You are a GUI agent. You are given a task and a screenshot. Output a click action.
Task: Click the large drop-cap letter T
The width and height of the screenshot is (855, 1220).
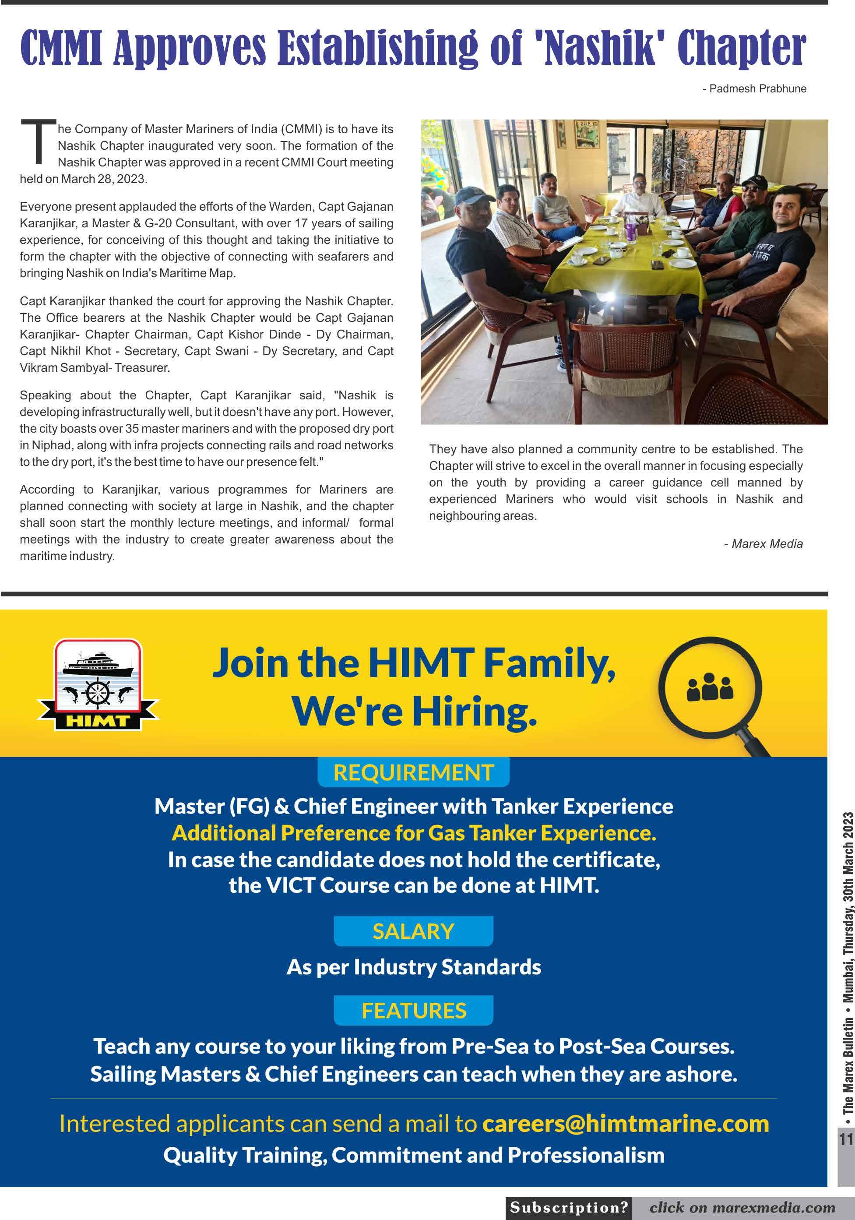[x=38, y=141]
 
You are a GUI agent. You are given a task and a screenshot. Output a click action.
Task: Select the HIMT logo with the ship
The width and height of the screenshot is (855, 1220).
[x=98, y=684]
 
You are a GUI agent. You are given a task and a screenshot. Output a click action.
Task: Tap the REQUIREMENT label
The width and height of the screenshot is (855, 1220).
[x=413, y=772]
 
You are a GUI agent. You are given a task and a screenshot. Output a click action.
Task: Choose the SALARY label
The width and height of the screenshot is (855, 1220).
[x=413, y=931]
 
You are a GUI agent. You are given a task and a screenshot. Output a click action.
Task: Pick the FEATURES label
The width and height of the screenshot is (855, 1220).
[x=413, y=1011]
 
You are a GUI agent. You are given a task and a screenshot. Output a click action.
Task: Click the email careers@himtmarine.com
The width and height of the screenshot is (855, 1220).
[x=626, y=1124]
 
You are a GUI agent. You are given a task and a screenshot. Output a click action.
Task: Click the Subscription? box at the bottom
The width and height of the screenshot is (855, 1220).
[x=569, y=1208]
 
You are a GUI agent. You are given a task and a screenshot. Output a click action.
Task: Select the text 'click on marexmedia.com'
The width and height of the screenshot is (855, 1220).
[x=742, y=1208]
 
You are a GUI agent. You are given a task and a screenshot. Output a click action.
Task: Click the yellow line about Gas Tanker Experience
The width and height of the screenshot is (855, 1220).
[x=414, y=833]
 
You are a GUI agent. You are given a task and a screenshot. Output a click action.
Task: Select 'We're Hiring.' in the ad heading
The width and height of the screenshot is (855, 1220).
[x=414, y=711]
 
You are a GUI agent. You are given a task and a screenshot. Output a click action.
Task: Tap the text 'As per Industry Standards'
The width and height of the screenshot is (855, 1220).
[x=414, y=967]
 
